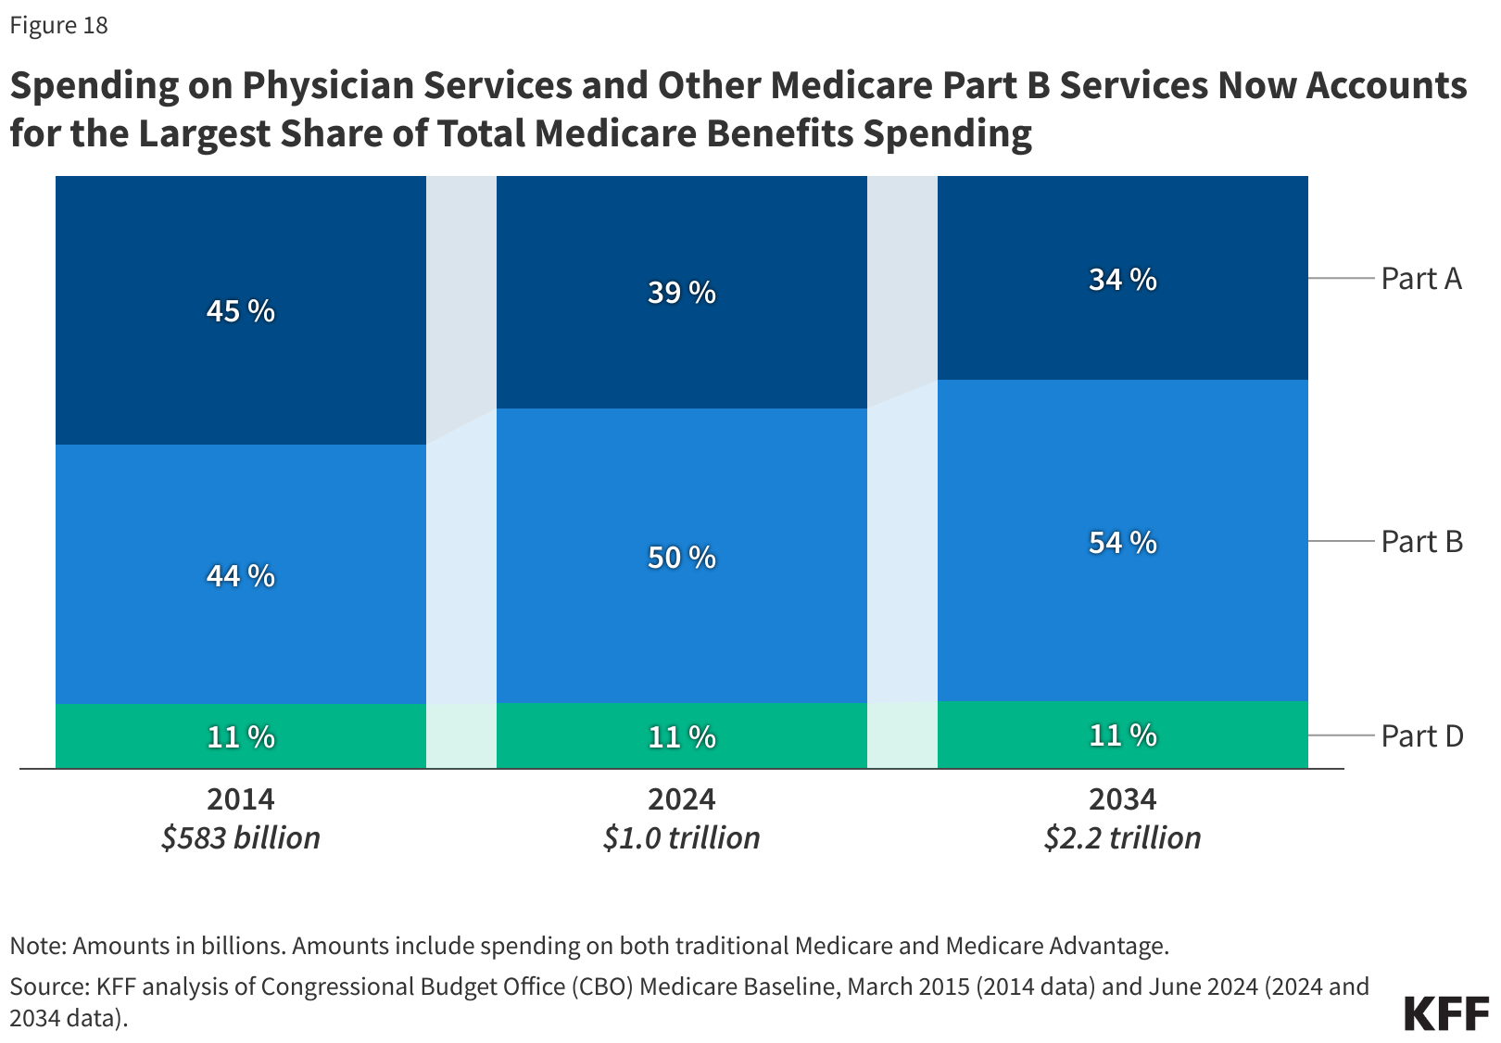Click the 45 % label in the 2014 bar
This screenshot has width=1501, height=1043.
(241, 311)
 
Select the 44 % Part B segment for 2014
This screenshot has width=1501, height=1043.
(241, 576)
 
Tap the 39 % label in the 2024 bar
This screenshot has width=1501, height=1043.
(682, 293)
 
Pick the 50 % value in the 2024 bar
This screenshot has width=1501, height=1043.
(682, 558)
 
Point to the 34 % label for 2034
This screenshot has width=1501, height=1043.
(1123, 280)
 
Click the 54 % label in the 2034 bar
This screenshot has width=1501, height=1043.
(1123, 543)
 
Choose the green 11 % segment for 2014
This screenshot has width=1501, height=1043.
(241, 737)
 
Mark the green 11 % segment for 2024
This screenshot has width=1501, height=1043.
(682, 737)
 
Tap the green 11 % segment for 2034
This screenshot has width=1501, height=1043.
(1123, 735)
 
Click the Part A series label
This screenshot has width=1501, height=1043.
(1421, 279)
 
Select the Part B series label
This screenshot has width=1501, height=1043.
(1421, 542)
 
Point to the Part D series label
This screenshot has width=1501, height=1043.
(1421, 736)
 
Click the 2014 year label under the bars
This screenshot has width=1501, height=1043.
(241, 798)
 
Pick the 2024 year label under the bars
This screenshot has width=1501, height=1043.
(682, 798)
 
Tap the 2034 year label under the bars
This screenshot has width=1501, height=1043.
(1123, 798)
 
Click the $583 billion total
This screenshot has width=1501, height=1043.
(241, 838)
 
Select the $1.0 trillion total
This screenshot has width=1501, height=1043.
(682, 838)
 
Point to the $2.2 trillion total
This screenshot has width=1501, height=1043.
(1123, 838)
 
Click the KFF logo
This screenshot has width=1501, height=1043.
(1446, 1014)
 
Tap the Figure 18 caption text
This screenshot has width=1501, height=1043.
(59, 26)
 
